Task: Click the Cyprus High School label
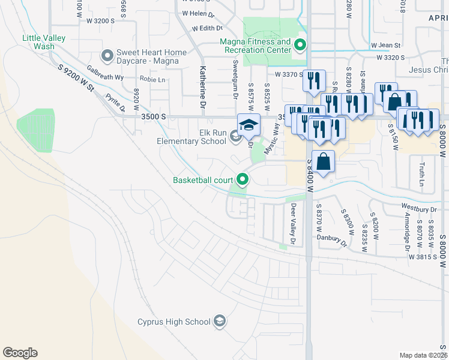173,322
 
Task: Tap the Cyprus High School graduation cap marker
220,322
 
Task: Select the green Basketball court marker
243,179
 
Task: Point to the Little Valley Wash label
44,42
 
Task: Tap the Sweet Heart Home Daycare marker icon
107,56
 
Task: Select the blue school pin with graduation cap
249,125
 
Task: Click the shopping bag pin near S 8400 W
323,162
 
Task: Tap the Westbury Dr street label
417,209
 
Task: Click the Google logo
20,353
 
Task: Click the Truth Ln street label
421,174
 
